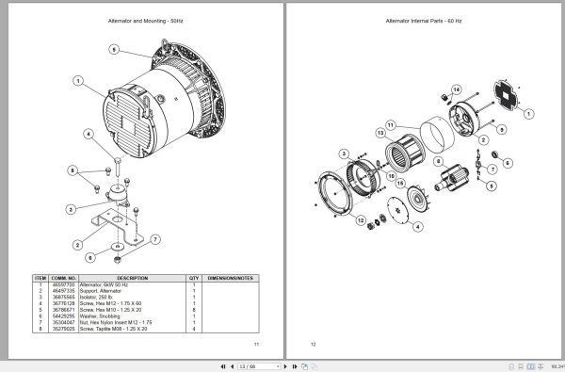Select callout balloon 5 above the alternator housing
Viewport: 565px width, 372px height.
click(114, 49)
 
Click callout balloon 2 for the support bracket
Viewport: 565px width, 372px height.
click(76, 244)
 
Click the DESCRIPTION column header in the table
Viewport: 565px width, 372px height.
click(132, 278)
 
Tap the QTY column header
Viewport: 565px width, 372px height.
click(194, 278)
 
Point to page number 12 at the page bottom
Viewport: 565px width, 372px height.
click(314, 345)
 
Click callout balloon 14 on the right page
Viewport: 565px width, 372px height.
click(455, 90)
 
